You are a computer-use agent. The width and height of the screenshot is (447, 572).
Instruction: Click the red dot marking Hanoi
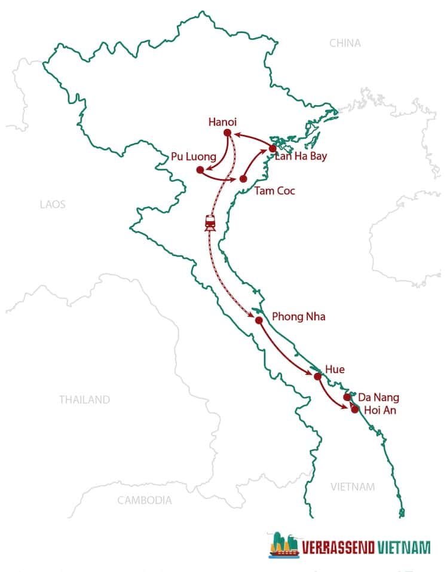pos(227,133)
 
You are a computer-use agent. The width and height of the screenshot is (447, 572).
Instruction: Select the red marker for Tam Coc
pos(243,179)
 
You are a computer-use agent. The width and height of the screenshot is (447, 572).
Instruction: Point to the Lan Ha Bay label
pos(300,157)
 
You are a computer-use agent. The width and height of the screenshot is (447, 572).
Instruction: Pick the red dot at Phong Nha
pos(259,320)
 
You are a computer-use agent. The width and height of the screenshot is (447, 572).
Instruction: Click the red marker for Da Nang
pos(347,397)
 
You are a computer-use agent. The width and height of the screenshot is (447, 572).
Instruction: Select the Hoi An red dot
pos(355,409)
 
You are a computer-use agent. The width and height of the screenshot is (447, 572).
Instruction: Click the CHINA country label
pos(345,43)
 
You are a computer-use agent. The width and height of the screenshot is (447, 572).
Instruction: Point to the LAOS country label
pos(53,204)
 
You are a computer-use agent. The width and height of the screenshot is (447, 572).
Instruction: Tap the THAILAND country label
pos(84,400)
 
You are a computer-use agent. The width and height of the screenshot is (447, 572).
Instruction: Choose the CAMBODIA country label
pos(144,500)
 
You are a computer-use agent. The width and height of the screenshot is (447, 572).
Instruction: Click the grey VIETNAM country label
pos(353,487)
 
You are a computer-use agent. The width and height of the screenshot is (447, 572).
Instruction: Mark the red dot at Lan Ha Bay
pos(273,148)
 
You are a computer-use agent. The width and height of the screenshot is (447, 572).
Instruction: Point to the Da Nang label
pos(378,397)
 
